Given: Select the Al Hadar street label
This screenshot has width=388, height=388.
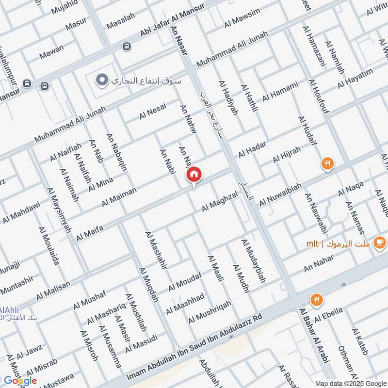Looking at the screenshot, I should (252, 150).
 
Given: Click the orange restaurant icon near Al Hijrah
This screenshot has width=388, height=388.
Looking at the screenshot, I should (328, 164).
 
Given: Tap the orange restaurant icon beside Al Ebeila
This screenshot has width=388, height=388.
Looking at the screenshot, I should (317, 300).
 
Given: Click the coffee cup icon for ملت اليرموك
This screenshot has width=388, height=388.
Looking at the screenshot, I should (379, 243).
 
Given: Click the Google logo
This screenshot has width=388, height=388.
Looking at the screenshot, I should (20, 381).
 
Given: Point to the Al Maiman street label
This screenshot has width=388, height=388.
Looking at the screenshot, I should (119, 195).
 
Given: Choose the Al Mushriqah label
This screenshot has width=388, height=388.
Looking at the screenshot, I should (210, 311).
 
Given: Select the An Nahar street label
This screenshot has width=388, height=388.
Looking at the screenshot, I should (319, 264).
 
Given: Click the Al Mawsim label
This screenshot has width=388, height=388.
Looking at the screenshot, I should (242, 18).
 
